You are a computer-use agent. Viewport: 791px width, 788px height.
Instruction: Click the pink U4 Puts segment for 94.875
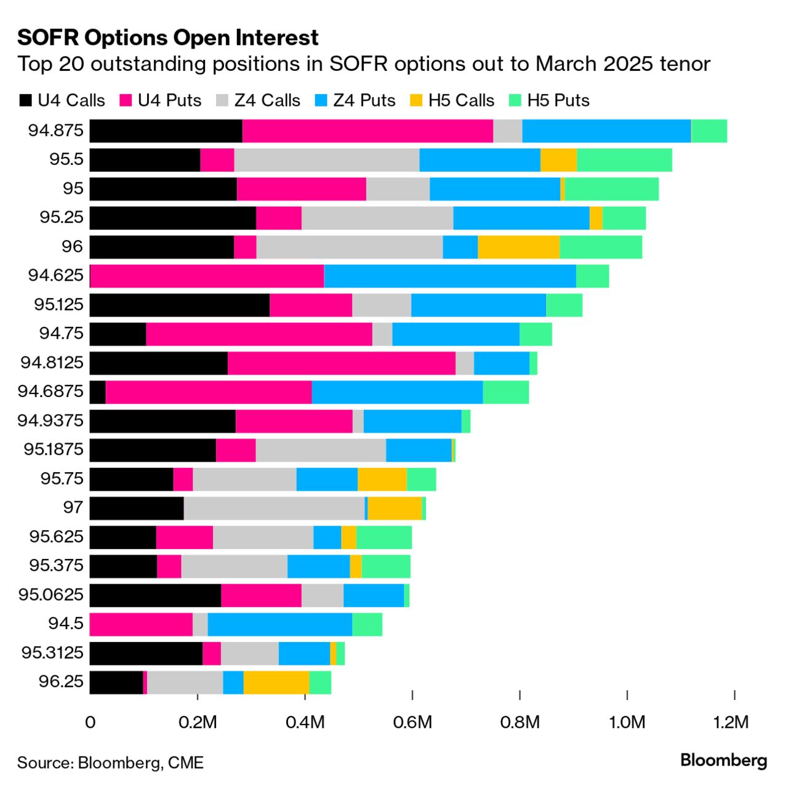tap(367, 131)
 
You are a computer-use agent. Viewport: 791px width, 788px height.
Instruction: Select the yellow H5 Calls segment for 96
tap(518, 247)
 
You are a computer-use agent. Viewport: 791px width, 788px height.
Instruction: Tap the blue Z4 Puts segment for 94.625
tap(450, 276)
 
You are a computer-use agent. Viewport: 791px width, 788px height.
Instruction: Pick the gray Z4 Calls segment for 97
tap(274, 509)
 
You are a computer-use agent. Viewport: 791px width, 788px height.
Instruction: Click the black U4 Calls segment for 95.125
tap(180, 305)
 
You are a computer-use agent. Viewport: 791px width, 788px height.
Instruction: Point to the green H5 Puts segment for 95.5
tap(624, 160)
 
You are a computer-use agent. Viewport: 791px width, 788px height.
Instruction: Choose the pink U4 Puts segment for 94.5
tap(141, 624)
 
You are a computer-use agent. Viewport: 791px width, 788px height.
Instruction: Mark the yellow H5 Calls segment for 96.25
tap(276, 683)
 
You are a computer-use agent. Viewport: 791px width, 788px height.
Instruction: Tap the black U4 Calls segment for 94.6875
tap(98, 392)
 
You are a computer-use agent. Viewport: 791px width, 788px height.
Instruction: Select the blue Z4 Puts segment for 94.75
tap(456, 334)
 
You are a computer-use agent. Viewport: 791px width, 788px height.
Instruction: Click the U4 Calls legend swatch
tap(26, 101)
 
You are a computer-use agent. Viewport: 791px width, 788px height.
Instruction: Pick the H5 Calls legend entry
tap(452, 101)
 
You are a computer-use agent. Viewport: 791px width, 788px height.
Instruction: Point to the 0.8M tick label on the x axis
tap(520, 722)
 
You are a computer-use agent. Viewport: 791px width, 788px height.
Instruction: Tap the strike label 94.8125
tap(52, 363)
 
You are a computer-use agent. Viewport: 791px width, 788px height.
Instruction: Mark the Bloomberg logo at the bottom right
tap(724, 761)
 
